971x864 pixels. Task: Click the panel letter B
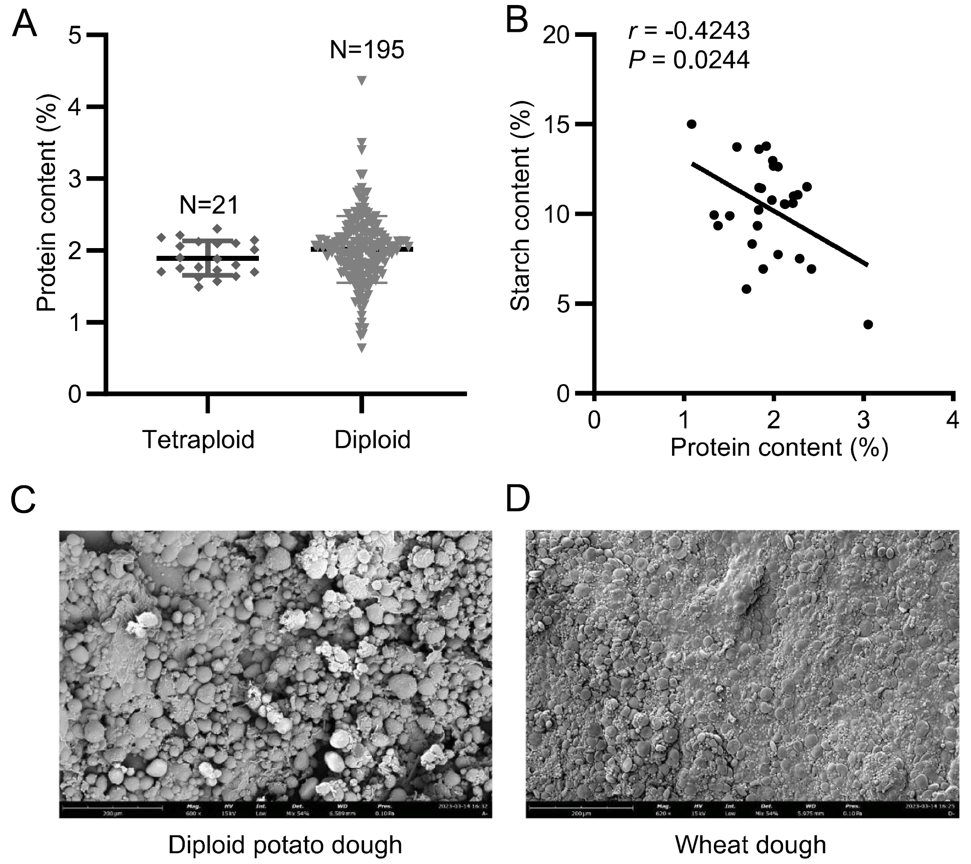click(517, 21)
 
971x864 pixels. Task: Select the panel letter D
click(518, 499)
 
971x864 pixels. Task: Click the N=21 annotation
click(208, 205)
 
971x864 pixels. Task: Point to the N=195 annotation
click(367, 50)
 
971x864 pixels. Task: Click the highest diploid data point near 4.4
click(362, 81)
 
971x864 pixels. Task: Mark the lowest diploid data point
click(362, 348)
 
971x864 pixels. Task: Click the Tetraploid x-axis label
click(198, 440)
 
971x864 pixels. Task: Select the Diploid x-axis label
click(372, 440)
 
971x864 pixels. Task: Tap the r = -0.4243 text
click(689, 31)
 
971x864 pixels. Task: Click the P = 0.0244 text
click(689, 61)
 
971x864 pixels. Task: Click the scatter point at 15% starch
click(692, 124)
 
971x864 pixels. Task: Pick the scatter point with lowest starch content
click(868, 325)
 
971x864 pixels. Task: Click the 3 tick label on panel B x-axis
click(863, 420)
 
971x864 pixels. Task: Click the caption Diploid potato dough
click(285, 844)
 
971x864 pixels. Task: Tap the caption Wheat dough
click(751, 844)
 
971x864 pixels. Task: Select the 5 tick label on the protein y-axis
click(75, 36)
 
